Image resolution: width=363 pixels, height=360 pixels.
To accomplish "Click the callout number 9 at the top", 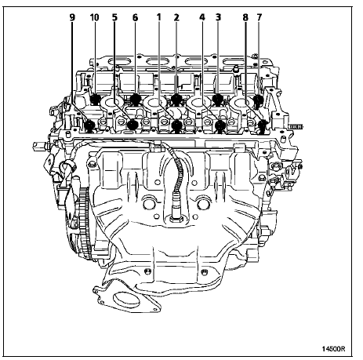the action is click(72, 17).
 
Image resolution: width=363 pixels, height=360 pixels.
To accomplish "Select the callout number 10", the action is click(94, 17).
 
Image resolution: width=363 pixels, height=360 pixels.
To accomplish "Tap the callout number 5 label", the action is click(114, 17).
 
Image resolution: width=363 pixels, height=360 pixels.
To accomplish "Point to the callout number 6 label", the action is click(135, 17).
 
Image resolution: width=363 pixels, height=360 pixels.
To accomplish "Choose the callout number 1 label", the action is click(158, 17).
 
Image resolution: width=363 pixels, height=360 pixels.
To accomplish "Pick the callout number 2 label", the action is click(176, 17).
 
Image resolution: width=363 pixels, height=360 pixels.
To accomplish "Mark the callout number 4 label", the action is click(201, 17).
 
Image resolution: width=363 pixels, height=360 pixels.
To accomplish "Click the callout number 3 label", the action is click(218, 17).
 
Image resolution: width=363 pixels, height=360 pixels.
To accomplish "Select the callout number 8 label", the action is click(245, 17).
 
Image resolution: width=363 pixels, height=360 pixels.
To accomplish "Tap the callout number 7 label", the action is click(259, 17).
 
